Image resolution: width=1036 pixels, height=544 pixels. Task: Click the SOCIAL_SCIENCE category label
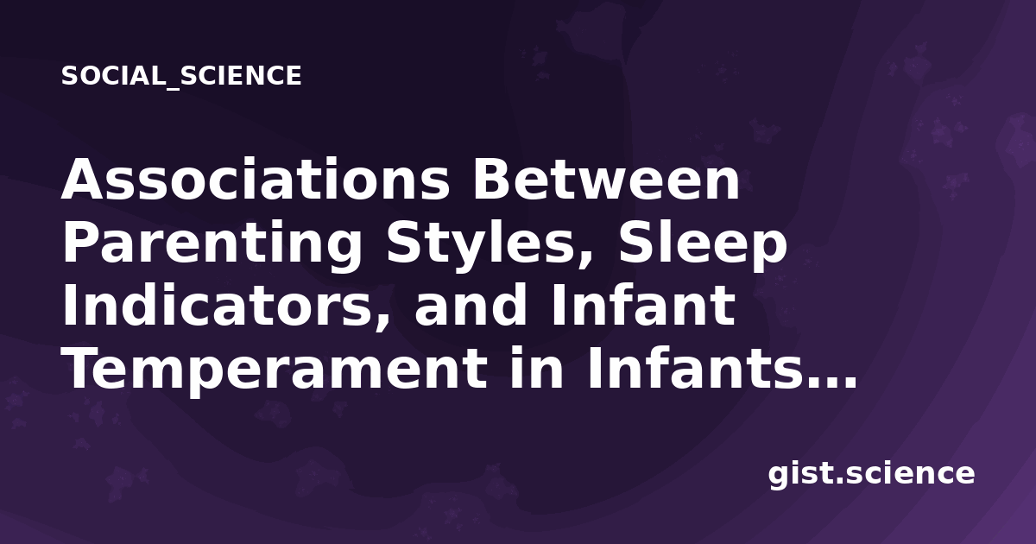tap(181, 76)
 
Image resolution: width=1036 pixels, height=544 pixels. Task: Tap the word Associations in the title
tap(256, 179)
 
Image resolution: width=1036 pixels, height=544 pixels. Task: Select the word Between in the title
tap(606, 179)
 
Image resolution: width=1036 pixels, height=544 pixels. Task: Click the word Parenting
tap(212, 244)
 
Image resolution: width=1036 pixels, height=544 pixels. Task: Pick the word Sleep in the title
tap(702, 244)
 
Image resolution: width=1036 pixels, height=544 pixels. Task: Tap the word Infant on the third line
tap(643, 306)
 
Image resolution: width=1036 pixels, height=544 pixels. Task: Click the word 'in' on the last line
tap(536, 368)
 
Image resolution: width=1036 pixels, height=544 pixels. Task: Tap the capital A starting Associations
tap(84, 179)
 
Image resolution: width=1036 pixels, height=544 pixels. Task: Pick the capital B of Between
tap(491, 179)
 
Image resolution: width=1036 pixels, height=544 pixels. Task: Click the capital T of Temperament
tap(85, 369)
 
